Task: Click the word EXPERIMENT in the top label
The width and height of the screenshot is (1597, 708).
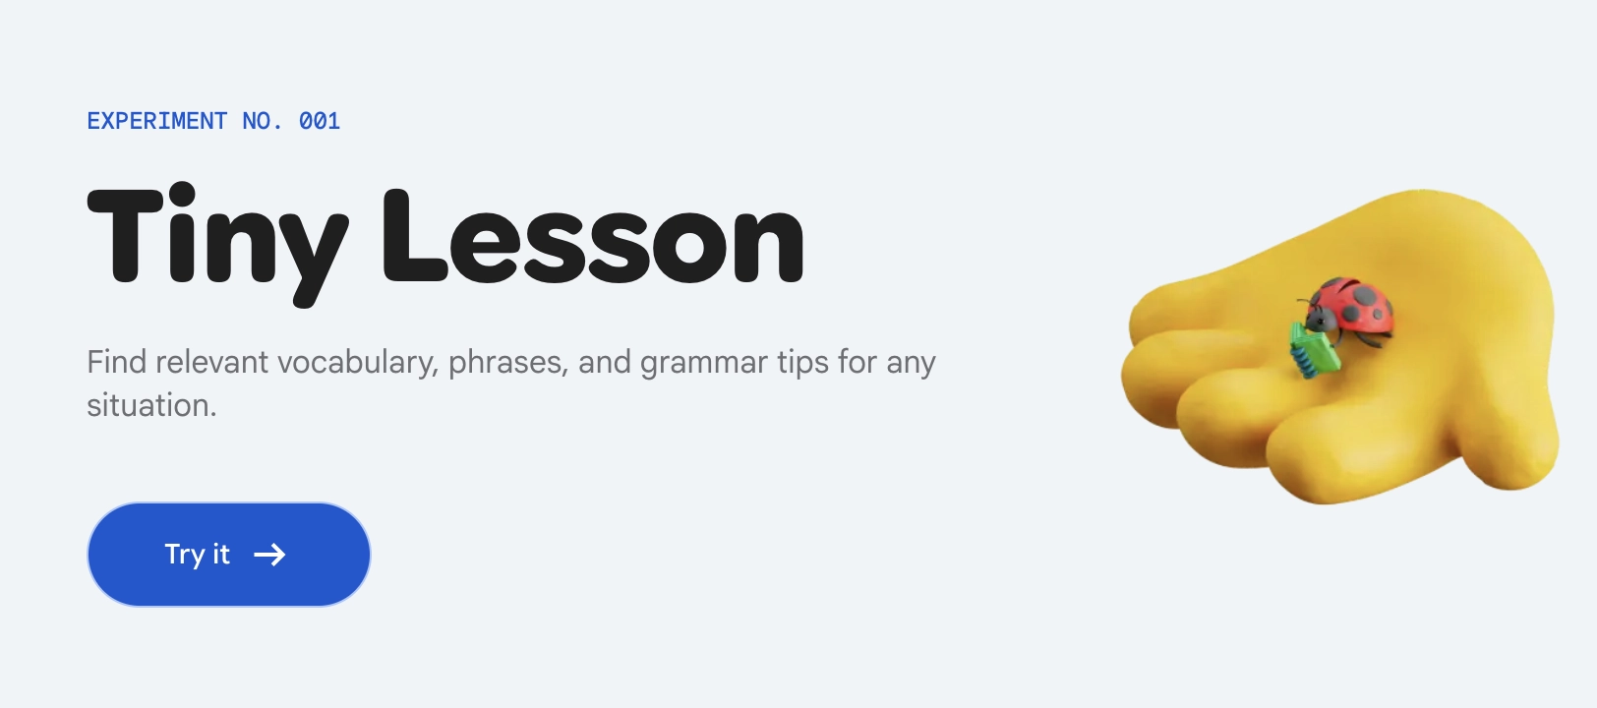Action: [x=157, y=121]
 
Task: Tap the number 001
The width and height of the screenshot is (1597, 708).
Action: [x=320, y=121]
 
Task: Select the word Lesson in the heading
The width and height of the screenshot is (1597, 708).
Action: [x=594, y=236]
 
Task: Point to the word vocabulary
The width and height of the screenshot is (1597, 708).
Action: [x=358, y=363]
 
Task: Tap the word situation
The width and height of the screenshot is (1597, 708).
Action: [x=151, y=406]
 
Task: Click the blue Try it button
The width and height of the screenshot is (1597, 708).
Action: [x=229, y=555]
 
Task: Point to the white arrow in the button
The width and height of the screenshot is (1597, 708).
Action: [x=270, y=555]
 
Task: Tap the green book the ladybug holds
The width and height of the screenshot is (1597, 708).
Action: [x=1314, y=350]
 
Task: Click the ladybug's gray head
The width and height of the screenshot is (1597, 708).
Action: [x=1321, y=318]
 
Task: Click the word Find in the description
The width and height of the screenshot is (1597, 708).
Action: [x=117, y=362]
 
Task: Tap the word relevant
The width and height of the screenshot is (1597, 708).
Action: [x=211, y=362]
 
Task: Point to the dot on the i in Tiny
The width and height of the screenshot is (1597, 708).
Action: [x=182, y=193]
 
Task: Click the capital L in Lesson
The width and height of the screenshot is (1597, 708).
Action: [x=415, y=236]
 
